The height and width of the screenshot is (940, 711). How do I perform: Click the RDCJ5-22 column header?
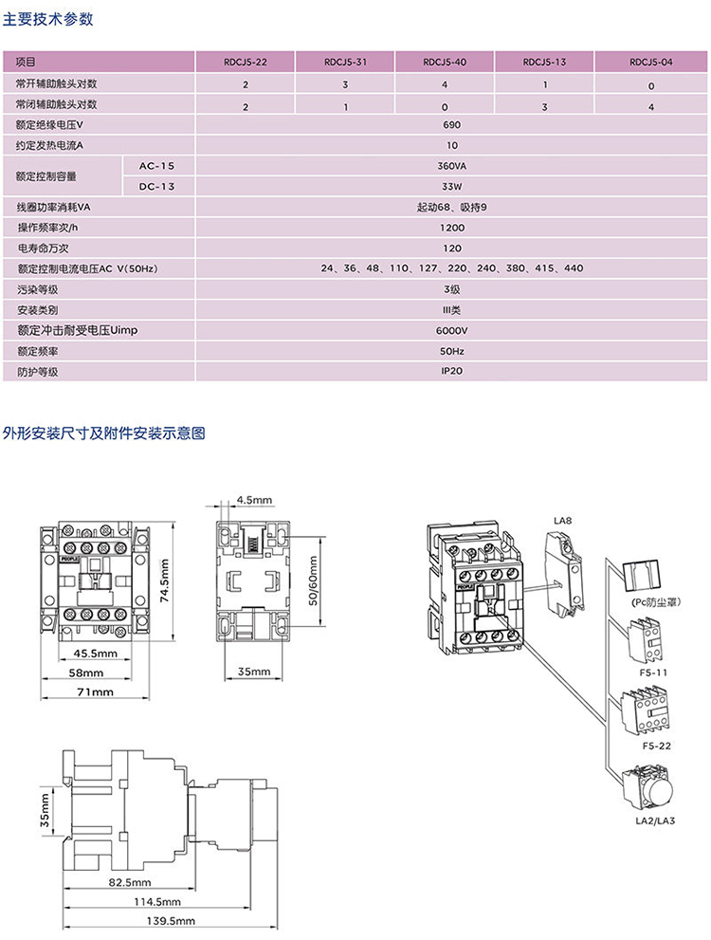246,62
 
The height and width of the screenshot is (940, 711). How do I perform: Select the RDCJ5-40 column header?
445,62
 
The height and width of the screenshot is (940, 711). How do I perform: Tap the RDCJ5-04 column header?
651,62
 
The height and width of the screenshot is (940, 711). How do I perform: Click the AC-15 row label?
157,165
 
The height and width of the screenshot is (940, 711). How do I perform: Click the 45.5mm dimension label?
95,654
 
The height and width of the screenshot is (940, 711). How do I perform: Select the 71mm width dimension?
95,692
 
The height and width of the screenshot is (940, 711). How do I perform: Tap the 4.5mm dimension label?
254,499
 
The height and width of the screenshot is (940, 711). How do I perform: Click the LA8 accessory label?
563,521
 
